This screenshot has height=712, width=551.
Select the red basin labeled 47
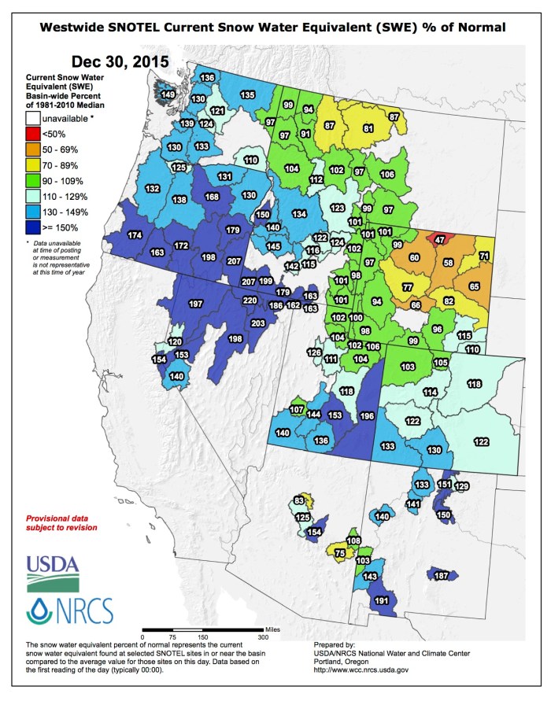[x=440, y=238]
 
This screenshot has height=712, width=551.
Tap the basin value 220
[x=250, y=301]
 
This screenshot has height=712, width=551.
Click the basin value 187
[x=442, y=576]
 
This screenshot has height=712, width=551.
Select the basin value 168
[x=211, y=197]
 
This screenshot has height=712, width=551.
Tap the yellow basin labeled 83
[x=299, y=501]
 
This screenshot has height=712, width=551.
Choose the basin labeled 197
[x=196, y=303]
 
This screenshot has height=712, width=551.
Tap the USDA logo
[x=52, y=572]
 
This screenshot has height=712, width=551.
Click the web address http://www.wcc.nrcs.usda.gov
[x=361, y=669]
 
